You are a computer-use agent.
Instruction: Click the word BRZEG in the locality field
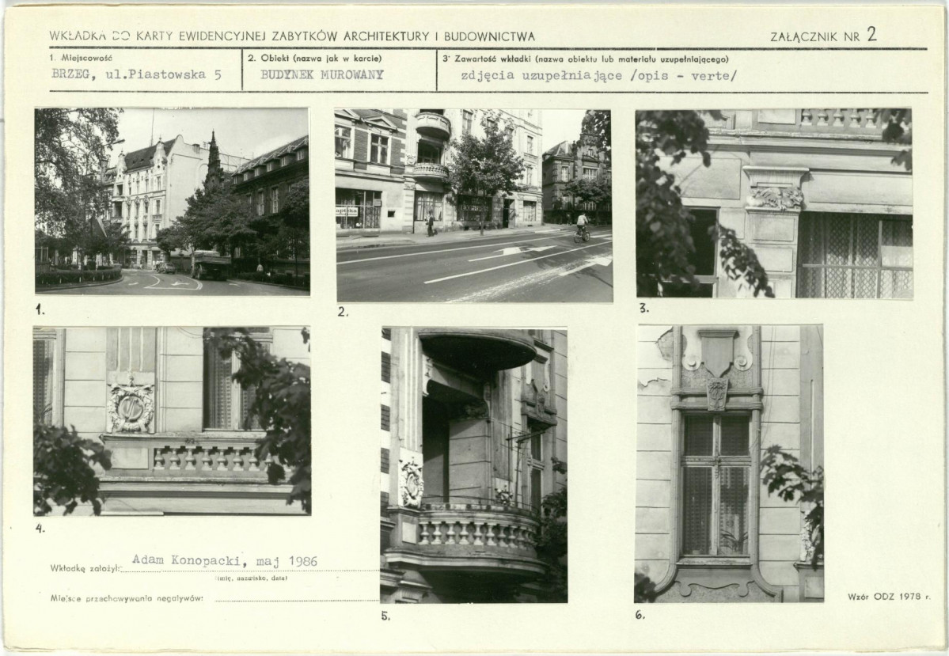click(x=70, y=75)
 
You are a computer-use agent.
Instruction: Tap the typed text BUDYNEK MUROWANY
click(x=322, y=75)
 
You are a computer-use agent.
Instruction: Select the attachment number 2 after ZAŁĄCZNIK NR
click(x=871, y=34)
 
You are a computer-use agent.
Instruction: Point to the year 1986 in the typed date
click(x=302, y=560)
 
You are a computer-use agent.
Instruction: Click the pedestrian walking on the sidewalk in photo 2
click(x=430, y=223)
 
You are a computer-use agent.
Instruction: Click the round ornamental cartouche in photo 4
click(x=130, y=407)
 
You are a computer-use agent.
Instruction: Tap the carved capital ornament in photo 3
click(x=776, y=198)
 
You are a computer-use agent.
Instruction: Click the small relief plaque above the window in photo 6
click(x=717, y=393)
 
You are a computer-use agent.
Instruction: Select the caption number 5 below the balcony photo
click(x=385, y=616)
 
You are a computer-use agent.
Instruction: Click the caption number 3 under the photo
click(x=644, y=308)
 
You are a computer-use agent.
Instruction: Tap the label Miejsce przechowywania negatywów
click(x=127, y=598)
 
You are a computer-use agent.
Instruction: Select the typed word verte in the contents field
click(x=714, y=76)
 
